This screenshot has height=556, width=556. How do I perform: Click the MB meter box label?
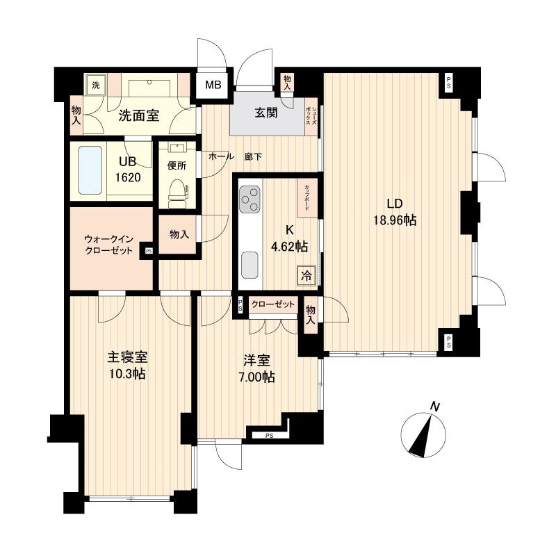click(x=213, y=87)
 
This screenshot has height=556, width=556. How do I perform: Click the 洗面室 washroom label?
click(x=138, y=115)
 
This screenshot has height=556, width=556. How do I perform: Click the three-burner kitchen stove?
click(x=250, y=201)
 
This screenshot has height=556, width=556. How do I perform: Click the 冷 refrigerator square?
click(x=306, y=275)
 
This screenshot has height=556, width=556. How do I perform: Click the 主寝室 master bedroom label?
click(x=126, y=358)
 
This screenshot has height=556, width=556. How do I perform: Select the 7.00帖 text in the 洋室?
click(x=259, y=377)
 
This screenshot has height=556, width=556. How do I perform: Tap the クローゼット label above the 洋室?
click(x=272, y=304)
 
